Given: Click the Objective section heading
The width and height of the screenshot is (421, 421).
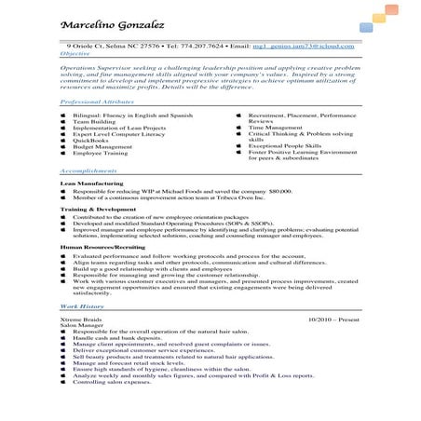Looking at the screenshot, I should [75, 54].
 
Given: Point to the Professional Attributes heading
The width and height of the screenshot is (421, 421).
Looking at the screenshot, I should [98, 99].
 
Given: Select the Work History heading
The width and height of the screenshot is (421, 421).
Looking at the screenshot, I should [82, 306].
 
